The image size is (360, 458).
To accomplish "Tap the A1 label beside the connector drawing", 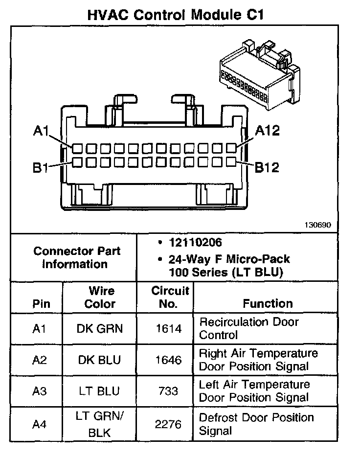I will tap(41, 131).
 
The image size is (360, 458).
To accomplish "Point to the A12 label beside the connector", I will tap(267, 131).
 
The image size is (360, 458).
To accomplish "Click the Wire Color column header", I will tap(100, 297).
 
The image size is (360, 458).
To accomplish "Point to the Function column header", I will tap(268, 303).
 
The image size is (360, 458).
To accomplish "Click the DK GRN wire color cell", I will tap(100, 329).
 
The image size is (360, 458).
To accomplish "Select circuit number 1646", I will tap(169, 360).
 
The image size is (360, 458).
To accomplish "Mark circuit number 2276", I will tap(169, 424).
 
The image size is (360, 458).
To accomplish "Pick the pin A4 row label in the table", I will tap(39, 424).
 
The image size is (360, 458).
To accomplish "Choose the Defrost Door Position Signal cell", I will tap(256, 424).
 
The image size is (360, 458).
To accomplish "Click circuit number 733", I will tap(169, 391).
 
